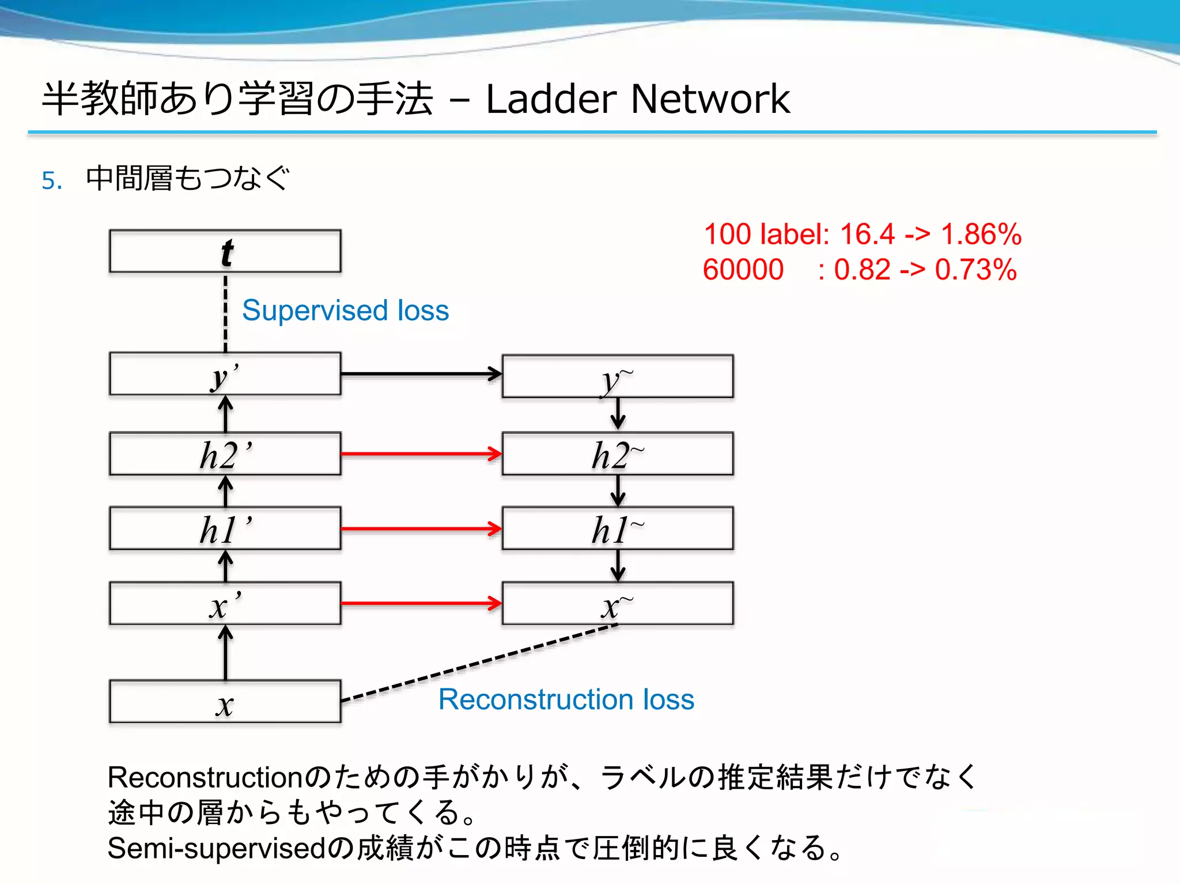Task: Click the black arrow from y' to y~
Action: point(421,374)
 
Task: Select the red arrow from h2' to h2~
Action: point(421,454)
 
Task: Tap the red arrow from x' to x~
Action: point(421,603)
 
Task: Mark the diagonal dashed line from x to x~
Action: point(478,663)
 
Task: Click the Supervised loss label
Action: point(345,311)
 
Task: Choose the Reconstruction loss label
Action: point(566,699)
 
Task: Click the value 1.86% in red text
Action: point(981,235)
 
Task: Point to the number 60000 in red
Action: point(743,270)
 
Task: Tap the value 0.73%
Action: point(975,270)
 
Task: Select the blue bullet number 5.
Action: point(51,180)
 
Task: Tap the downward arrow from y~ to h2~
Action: point(618,414)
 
